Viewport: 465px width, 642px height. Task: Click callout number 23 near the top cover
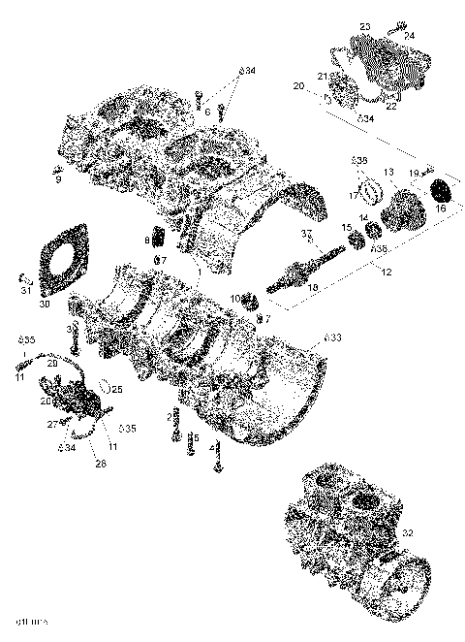point(365,26)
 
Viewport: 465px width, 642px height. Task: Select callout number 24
point(410,36)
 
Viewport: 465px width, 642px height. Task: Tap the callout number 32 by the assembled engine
point(407,532)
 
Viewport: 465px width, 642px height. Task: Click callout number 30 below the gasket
point(44,304)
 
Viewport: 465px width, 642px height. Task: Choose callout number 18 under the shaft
point(312,288)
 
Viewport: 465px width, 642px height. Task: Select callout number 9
point(57,178)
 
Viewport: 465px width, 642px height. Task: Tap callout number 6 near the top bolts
point(206,112)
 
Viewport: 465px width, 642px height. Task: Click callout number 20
point(298,87)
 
